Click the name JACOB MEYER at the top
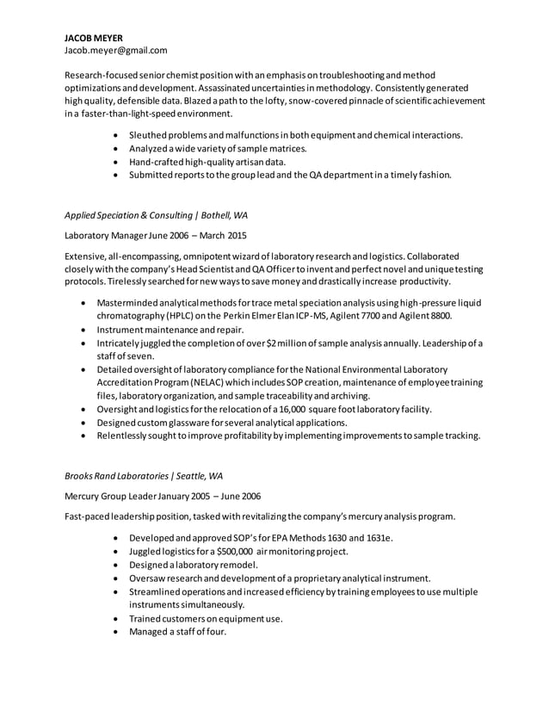coord(94,38)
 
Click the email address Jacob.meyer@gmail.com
coord(116,51)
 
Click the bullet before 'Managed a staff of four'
coord(116,632)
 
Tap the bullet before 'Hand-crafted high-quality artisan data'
coord(116,162)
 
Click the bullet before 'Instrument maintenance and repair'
coord(83,330)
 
